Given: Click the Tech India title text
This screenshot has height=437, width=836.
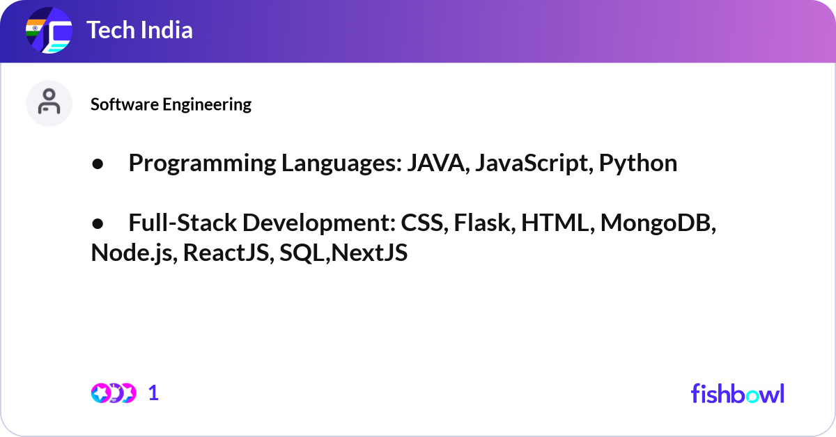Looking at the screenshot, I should coord(139,31).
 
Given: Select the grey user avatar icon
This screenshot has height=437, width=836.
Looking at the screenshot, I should coord(49,103).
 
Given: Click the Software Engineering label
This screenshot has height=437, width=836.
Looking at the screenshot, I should coord(171,104).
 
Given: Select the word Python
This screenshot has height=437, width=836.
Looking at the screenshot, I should coord(638,163).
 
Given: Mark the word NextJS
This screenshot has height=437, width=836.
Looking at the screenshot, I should coord(369,253).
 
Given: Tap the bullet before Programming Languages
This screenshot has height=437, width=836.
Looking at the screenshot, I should coord(98,164).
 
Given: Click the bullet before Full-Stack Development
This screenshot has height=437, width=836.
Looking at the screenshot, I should coord(98,223).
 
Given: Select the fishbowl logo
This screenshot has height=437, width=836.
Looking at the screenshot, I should coord(737,393).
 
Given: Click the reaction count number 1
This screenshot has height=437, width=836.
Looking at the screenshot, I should coord(153,393).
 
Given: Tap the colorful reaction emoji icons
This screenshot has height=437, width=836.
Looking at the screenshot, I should coord(113,393).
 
